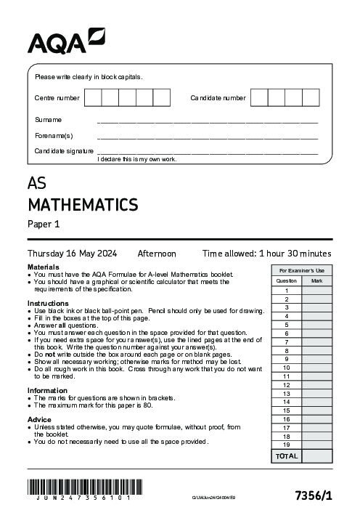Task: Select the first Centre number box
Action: coord(94,97)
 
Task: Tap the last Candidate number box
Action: coord(311,97)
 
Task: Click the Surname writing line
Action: coord(207,121)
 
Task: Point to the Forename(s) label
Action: coord(54,136)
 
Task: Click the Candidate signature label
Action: coord(64,151)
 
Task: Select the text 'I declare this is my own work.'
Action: coord(136,159)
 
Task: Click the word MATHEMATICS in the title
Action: coord(83,203)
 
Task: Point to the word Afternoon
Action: coord(157,254)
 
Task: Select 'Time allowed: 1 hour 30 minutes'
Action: coord(266,254)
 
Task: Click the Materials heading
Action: coord(43,267)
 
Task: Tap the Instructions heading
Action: coord(48,303)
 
